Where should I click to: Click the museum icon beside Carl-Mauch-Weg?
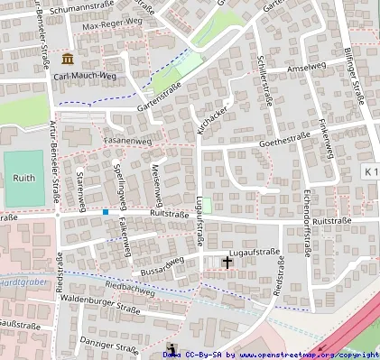(67, 59)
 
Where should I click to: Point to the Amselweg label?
(305, 69)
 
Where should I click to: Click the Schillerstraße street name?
(264, 82)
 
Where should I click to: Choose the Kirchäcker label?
(209, 124)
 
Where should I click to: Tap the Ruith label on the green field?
(23, 178)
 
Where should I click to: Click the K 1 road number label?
(371, 171)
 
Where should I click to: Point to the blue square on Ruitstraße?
(106, 212)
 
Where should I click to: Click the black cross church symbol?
(227, 262)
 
